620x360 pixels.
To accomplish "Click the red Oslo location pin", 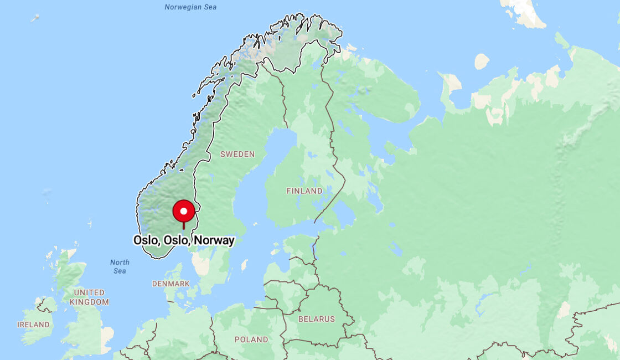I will (184, 212).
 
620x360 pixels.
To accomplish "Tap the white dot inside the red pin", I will (184, 211).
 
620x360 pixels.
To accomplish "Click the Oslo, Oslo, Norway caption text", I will (184, 240).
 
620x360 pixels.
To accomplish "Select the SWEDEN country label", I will (237, 154).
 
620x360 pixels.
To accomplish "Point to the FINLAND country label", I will (304, 191).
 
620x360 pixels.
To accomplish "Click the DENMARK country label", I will (170, 284).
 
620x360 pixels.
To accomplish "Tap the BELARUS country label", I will (317, 319).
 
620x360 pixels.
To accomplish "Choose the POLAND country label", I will (251, 340).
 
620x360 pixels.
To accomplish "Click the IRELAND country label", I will (33, 325).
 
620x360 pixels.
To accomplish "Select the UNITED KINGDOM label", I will (89, 297).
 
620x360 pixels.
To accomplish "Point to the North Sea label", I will (120, 266).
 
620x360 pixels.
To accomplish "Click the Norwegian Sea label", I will (190, 7).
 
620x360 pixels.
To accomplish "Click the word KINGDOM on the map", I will (89, 302).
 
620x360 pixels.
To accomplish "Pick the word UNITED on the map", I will (89, 292).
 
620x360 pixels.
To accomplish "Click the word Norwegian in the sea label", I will (182, 7).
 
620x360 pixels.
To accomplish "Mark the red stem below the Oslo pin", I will (184, 225).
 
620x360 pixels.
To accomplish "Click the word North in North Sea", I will (120, 263).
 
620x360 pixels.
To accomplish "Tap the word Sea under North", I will (120, 271).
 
